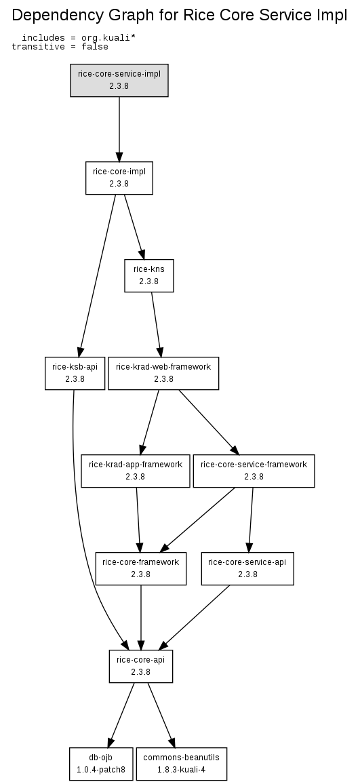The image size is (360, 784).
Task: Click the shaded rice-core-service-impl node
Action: [119, 80]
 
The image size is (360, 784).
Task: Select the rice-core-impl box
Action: [119, 178]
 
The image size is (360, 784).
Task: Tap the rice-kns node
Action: [149, 275]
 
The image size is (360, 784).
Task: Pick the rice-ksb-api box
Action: [75, 373]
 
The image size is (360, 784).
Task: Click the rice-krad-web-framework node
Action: [163, 373]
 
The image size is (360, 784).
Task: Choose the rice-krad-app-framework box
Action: [136, 471]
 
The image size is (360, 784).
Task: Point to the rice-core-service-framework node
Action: [254, 471]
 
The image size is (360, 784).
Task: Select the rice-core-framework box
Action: [141, 568]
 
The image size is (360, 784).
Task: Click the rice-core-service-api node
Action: [247, 568]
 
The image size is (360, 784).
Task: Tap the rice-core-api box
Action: [141, 666]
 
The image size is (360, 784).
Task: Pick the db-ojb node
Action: [101, 764]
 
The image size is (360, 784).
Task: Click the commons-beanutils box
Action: [182, 764]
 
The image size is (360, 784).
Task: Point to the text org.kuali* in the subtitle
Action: [108, 38]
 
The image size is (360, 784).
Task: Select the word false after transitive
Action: [95, 47]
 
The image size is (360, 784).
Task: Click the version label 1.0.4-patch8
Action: [101, 770]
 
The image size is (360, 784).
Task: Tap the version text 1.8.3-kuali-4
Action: [182, 770]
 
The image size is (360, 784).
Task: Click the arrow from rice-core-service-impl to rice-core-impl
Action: [119, 129]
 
